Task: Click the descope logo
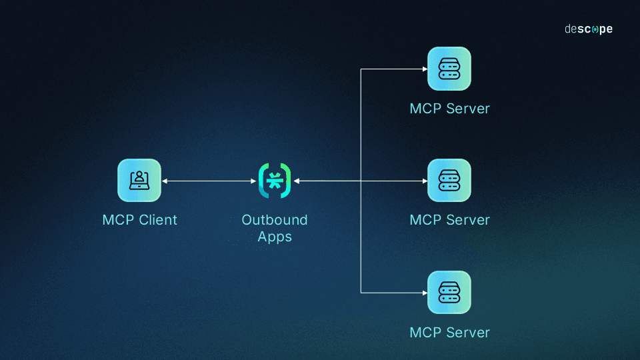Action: pos(588,29)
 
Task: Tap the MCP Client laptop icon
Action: pos(139,180)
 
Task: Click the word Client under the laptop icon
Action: pos(158,220)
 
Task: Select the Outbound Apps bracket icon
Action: pos(275,180)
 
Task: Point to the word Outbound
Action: pos(275,220)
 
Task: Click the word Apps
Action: pos(275,237)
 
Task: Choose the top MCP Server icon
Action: pos(449,69)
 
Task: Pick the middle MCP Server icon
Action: pos(449,180)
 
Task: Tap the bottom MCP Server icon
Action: pos(449,292)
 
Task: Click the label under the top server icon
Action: pos(449,109)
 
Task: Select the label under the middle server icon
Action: pos(449,220)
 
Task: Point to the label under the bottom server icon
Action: pos(449,332)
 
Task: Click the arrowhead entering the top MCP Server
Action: pos(424,69)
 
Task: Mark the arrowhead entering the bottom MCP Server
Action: pos(424,292)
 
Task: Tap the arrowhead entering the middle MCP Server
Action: pos(424,181)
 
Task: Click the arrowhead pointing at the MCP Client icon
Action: pos(165,181)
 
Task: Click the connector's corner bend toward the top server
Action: pos(361,69)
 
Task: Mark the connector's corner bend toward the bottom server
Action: pos(361,292)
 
